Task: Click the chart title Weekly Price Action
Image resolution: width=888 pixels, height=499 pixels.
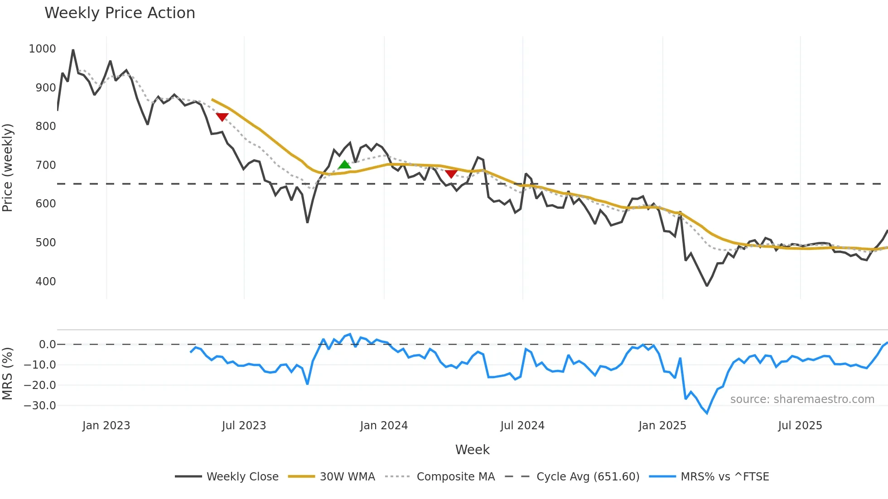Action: (x=120, y=13)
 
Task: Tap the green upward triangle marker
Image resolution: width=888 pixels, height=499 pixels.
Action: (x=345, y=165)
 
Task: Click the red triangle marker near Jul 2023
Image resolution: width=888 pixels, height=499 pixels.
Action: (x=222, y=117)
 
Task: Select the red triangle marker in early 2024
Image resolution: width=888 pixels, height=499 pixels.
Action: (x=451, y=174)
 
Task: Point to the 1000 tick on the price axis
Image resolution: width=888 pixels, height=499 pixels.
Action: (x=42, y=49)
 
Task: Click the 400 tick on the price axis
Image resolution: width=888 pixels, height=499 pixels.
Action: (x=46, y=282)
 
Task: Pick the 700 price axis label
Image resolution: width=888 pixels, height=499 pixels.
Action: (x=46, y=165)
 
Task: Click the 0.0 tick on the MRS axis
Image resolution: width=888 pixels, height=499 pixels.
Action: (x=48, y=345)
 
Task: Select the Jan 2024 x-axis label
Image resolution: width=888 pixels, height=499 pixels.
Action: (x=384, y=426)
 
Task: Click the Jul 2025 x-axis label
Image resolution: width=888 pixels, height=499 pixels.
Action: (x=800, y=426)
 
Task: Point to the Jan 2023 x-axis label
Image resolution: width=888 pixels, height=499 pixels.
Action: (x=106, y=426)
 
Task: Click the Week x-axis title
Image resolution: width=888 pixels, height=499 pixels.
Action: (x=472, y=450)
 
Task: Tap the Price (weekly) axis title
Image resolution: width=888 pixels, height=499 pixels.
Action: (x=8, y=168)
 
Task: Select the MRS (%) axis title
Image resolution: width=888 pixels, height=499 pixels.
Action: (x=8, y=374)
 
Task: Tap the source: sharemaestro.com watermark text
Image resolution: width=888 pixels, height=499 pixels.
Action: (x=802, y=399)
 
